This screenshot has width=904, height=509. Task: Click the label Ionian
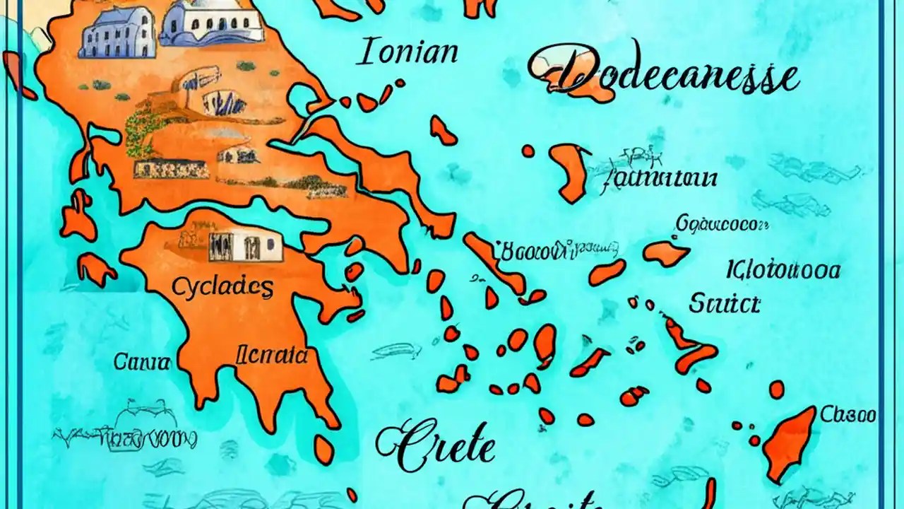tap(408, 54)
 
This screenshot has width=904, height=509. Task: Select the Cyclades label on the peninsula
tap(222, 288)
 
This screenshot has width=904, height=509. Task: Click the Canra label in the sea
tap(141, 363)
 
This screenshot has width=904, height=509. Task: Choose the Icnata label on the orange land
tap(272, 355)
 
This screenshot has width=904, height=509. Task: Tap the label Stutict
tap(724, 304)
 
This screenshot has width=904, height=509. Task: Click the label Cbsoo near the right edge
tap(847, 414)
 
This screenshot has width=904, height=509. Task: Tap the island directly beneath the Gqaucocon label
tap(665, 253)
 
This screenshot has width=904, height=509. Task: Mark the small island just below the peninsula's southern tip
tap(323, 450)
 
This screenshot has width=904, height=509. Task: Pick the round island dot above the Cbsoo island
tap(776, 390)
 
